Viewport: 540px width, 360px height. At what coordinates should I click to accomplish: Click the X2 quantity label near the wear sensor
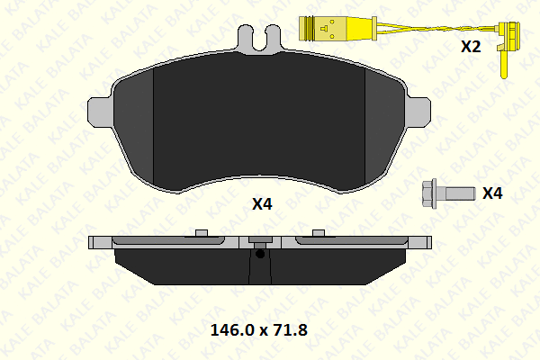pos(471,47)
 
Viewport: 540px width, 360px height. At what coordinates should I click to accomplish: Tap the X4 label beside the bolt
pos(492,193)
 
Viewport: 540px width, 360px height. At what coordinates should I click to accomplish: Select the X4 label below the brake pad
pos(262,204)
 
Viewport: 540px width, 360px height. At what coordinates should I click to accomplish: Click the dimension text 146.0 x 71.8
pos(258,329)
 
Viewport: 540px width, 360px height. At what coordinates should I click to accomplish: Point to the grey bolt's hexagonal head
pos(429,193)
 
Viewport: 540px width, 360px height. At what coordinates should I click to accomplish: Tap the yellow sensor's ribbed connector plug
pos(307,29)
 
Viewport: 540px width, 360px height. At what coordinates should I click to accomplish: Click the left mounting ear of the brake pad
pos(100,112)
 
